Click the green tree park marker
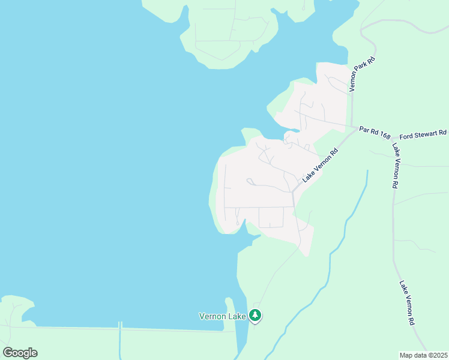pyautogui.click(x=255, y=315)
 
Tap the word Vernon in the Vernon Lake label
pyautogui.click(x=211, y=316)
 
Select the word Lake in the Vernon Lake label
pyautogui.click(x=237, y=316)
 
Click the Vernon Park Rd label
pyautogui.click(x=363, y=74)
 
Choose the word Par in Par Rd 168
pyautogui.click(x=363, y=128)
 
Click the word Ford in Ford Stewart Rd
pyautogui.click(x=407, y=134)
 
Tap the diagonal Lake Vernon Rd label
pyautogui.click(x=321, y=166)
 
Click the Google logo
pyautogui.click(x=20, y=353)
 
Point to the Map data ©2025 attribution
pyautogui.click(x=423, y=355)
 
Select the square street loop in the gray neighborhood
pyautogui.click(x=271, y=217)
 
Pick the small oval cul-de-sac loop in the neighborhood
pyautogui.click(x=250, y=181)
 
